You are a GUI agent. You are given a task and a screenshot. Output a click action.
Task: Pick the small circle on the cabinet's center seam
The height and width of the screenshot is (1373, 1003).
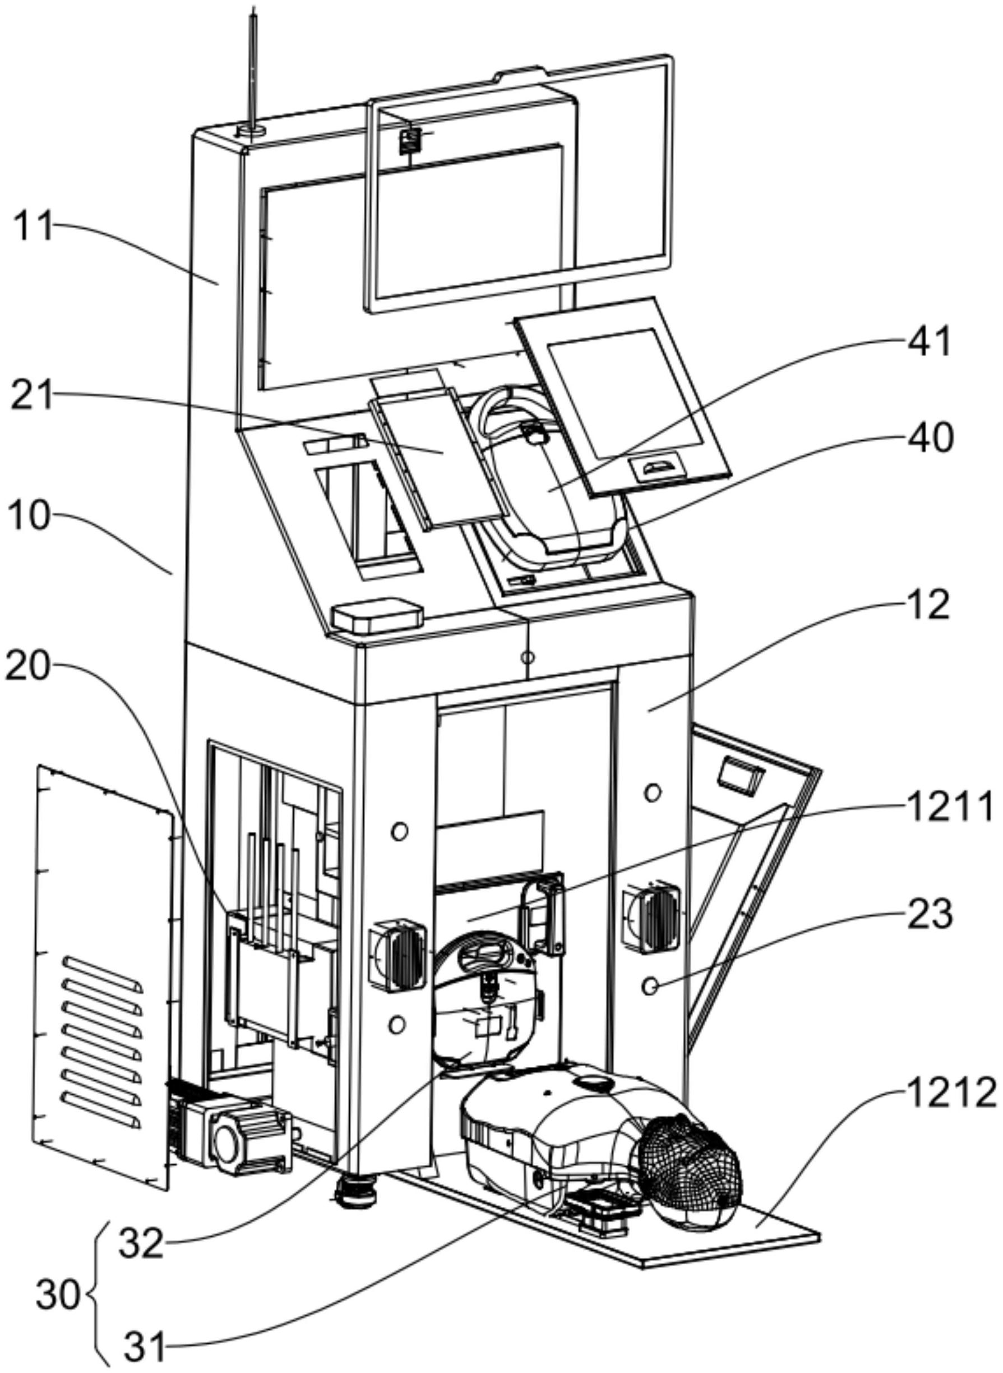click(528, 657)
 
